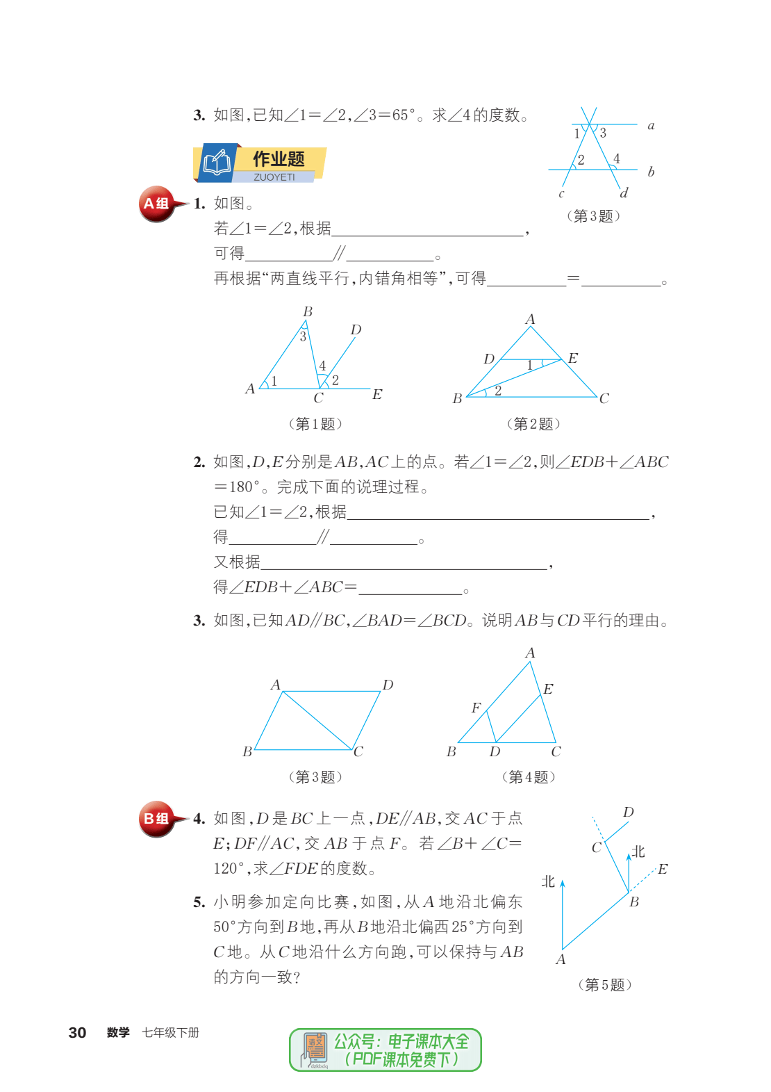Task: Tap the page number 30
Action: point(77,1033)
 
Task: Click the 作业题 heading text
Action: point(279,159)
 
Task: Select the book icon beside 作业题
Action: point(217,163)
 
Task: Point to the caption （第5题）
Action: point(604,985)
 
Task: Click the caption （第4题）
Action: point(529,777)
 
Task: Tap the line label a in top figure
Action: point(651,126)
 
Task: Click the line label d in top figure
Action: point(624,193)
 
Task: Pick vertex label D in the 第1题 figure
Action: point(356,329)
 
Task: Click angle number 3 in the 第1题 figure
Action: point(303,337)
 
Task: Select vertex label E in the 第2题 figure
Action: point(573,358)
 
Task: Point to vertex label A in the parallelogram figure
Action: point(276,685)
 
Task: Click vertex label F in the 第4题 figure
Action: point(476,708)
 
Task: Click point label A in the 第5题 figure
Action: point(561,960)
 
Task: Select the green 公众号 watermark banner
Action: point(385,1050)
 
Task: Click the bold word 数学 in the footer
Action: point(118,1033)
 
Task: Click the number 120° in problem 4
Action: point(228,869)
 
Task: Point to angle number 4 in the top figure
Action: point(617,159)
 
